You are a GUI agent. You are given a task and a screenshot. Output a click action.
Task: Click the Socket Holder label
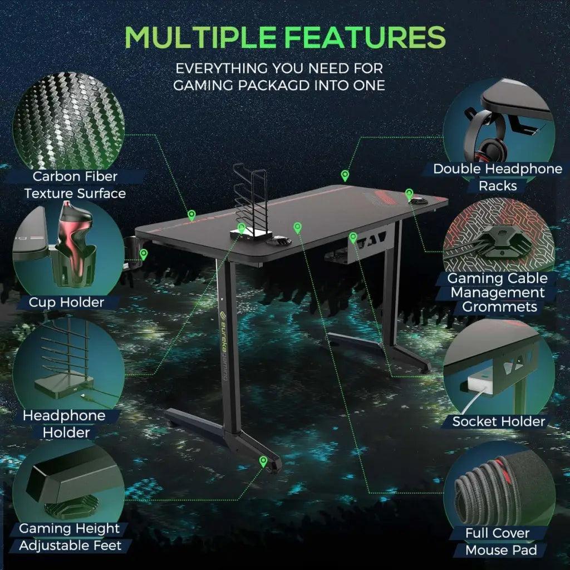(x=498, y=421)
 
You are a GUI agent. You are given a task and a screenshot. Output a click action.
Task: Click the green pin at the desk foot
(x=263, y=461)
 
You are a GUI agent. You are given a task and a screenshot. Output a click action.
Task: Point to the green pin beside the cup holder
(x=144, y=254)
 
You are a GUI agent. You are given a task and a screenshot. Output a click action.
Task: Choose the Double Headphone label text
(x=498, y=169)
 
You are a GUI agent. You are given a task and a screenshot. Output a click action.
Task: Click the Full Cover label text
(x=498, y=533)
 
